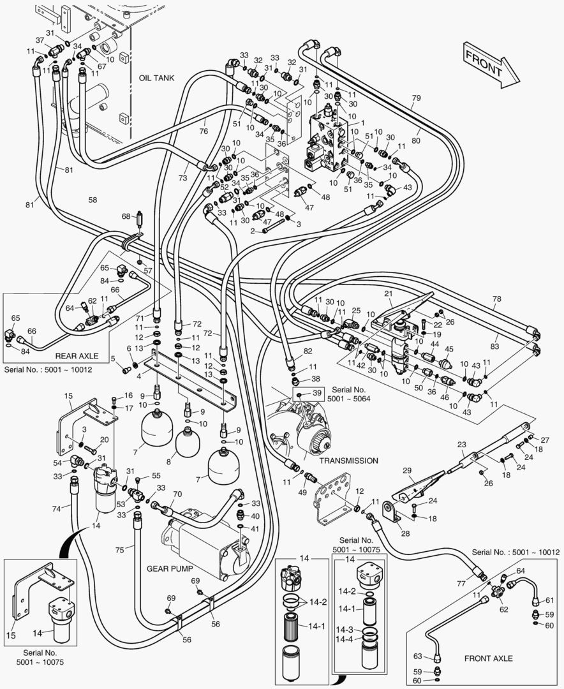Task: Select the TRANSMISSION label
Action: click(349, 461)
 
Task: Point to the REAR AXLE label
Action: click(75, 356)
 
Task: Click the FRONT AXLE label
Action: click(488, 658)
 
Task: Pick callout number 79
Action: click(416, 98)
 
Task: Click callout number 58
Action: click(93, 200)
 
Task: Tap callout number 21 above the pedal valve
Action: click(387, 293)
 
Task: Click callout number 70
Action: click(177, 494)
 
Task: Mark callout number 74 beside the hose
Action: click(56, 508)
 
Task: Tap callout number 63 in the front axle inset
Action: click(418, 655)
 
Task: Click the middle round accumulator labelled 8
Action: click(188, 442)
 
